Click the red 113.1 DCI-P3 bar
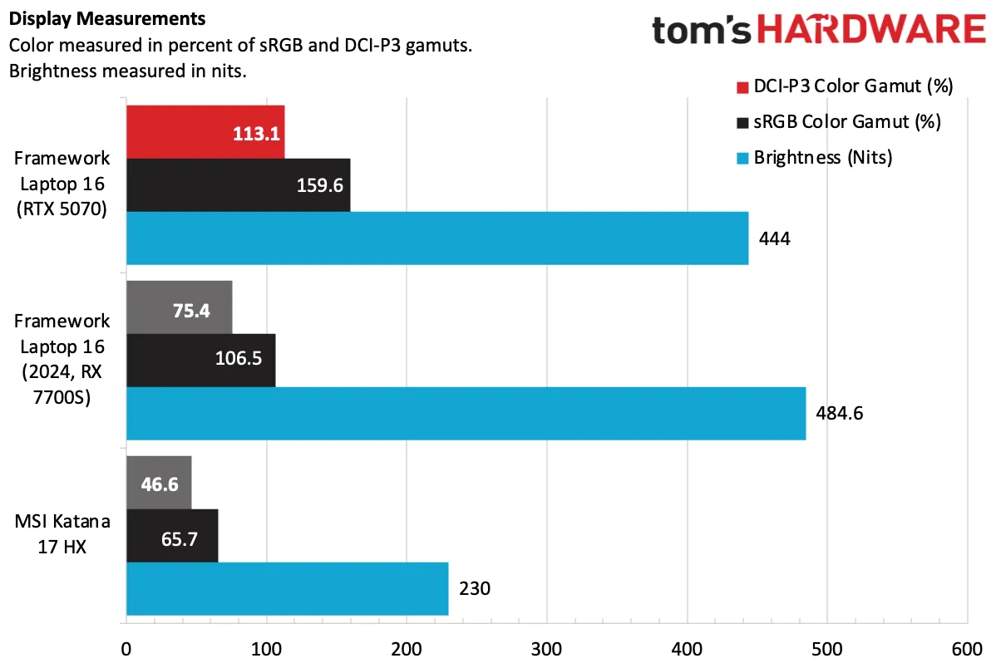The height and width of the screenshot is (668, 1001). (x=205, y=132)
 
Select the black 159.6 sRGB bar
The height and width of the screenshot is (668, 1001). (x=239, y=185)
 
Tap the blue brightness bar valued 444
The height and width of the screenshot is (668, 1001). (x=437, y=238)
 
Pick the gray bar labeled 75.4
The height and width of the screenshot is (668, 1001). (x=180, y=307)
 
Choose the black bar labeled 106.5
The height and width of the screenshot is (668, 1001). (x=201, y=361)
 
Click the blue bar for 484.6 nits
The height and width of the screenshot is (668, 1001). (x=466, y=414)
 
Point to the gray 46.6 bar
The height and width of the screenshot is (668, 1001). (x=159, y=483)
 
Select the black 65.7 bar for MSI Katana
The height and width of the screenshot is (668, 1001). (x=172, y=536)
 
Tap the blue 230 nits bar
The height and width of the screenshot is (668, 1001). (x=288, y=589)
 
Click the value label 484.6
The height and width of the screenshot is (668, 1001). (x=839, y=414)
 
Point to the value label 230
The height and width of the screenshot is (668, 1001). (x=475, y=589)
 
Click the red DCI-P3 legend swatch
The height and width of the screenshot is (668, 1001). (x=742, y=87)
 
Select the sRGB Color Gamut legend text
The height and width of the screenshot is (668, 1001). (x=847, y=122)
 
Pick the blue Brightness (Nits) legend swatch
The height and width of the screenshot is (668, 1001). (x=742, y=159)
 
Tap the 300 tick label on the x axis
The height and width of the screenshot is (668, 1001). (x=546, y=649)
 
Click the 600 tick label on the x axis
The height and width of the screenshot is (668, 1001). (x=967, y=649)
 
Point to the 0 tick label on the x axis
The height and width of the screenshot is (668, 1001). (x=126, y=649)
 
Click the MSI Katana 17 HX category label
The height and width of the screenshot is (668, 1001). (x=62, y=534)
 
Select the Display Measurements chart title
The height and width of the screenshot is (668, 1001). (x=107, y=19)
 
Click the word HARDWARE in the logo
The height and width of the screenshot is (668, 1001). (x=871, y=28)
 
